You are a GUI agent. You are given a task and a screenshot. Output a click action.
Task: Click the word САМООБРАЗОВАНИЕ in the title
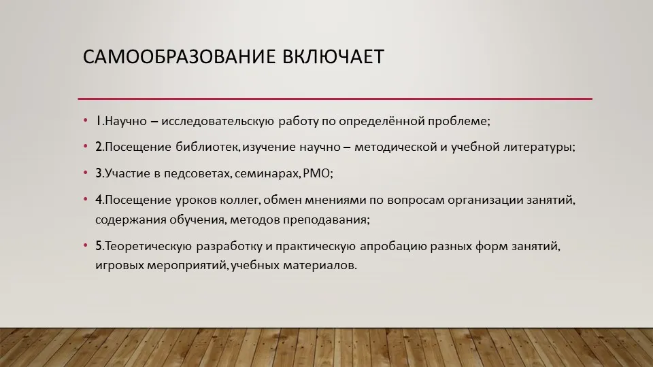point(179,56)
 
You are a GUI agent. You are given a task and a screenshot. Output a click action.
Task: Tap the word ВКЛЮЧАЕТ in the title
point(333,56)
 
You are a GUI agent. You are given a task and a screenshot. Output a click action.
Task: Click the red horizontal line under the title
point(335,99)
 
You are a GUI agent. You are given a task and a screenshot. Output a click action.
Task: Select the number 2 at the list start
point(99,147)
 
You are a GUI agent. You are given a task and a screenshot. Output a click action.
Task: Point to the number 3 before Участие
point(99,173)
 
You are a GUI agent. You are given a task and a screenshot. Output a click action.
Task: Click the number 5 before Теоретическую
point(99,246)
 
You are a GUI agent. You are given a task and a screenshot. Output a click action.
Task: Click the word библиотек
point(207,147)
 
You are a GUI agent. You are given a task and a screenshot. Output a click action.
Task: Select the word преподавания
point(325,220)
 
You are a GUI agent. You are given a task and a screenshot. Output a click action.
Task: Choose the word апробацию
point(393,246)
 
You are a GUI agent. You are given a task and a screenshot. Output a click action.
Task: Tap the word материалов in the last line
point(318,265)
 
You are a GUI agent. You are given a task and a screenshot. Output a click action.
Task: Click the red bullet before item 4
point(86,199)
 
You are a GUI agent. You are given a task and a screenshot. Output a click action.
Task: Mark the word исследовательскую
point(218,121)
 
